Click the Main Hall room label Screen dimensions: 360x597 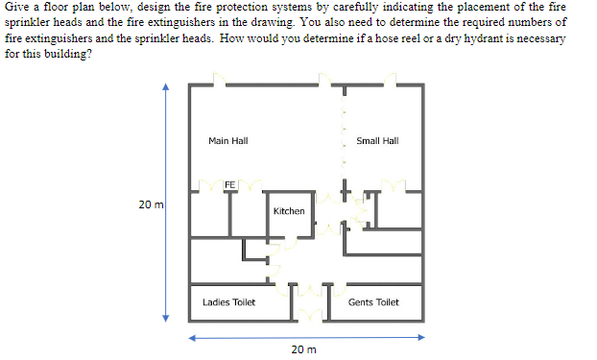(x=227, y=141)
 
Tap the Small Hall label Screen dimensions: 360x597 (x=376, y=141)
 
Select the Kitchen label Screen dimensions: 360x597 (x=289, y=211)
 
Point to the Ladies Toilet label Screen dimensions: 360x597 (x=228, y=302)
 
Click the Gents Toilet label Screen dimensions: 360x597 (x=373, y=302)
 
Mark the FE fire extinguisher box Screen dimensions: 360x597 (x=229, y=183)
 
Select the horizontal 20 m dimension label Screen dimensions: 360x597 (x=302, y=350)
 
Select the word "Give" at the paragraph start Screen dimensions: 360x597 (x=16, y=7)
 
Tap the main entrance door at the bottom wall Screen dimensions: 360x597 (x=309, y=313)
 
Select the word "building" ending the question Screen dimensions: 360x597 (x=66, y=52)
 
